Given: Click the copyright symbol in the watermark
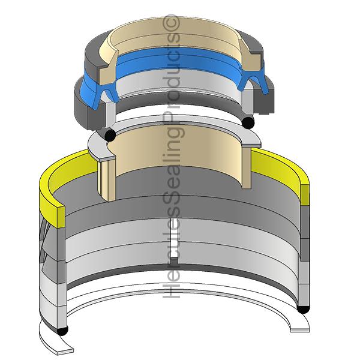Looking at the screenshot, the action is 172,23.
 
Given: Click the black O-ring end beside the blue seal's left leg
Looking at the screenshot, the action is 110,135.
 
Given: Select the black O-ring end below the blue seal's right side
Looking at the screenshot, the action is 248,122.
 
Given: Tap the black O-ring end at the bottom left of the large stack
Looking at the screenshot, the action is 62,331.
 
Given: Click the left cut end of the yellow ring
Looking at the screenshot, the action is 61,217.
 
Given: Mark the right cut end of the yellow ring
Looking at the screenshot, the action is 305,195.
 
